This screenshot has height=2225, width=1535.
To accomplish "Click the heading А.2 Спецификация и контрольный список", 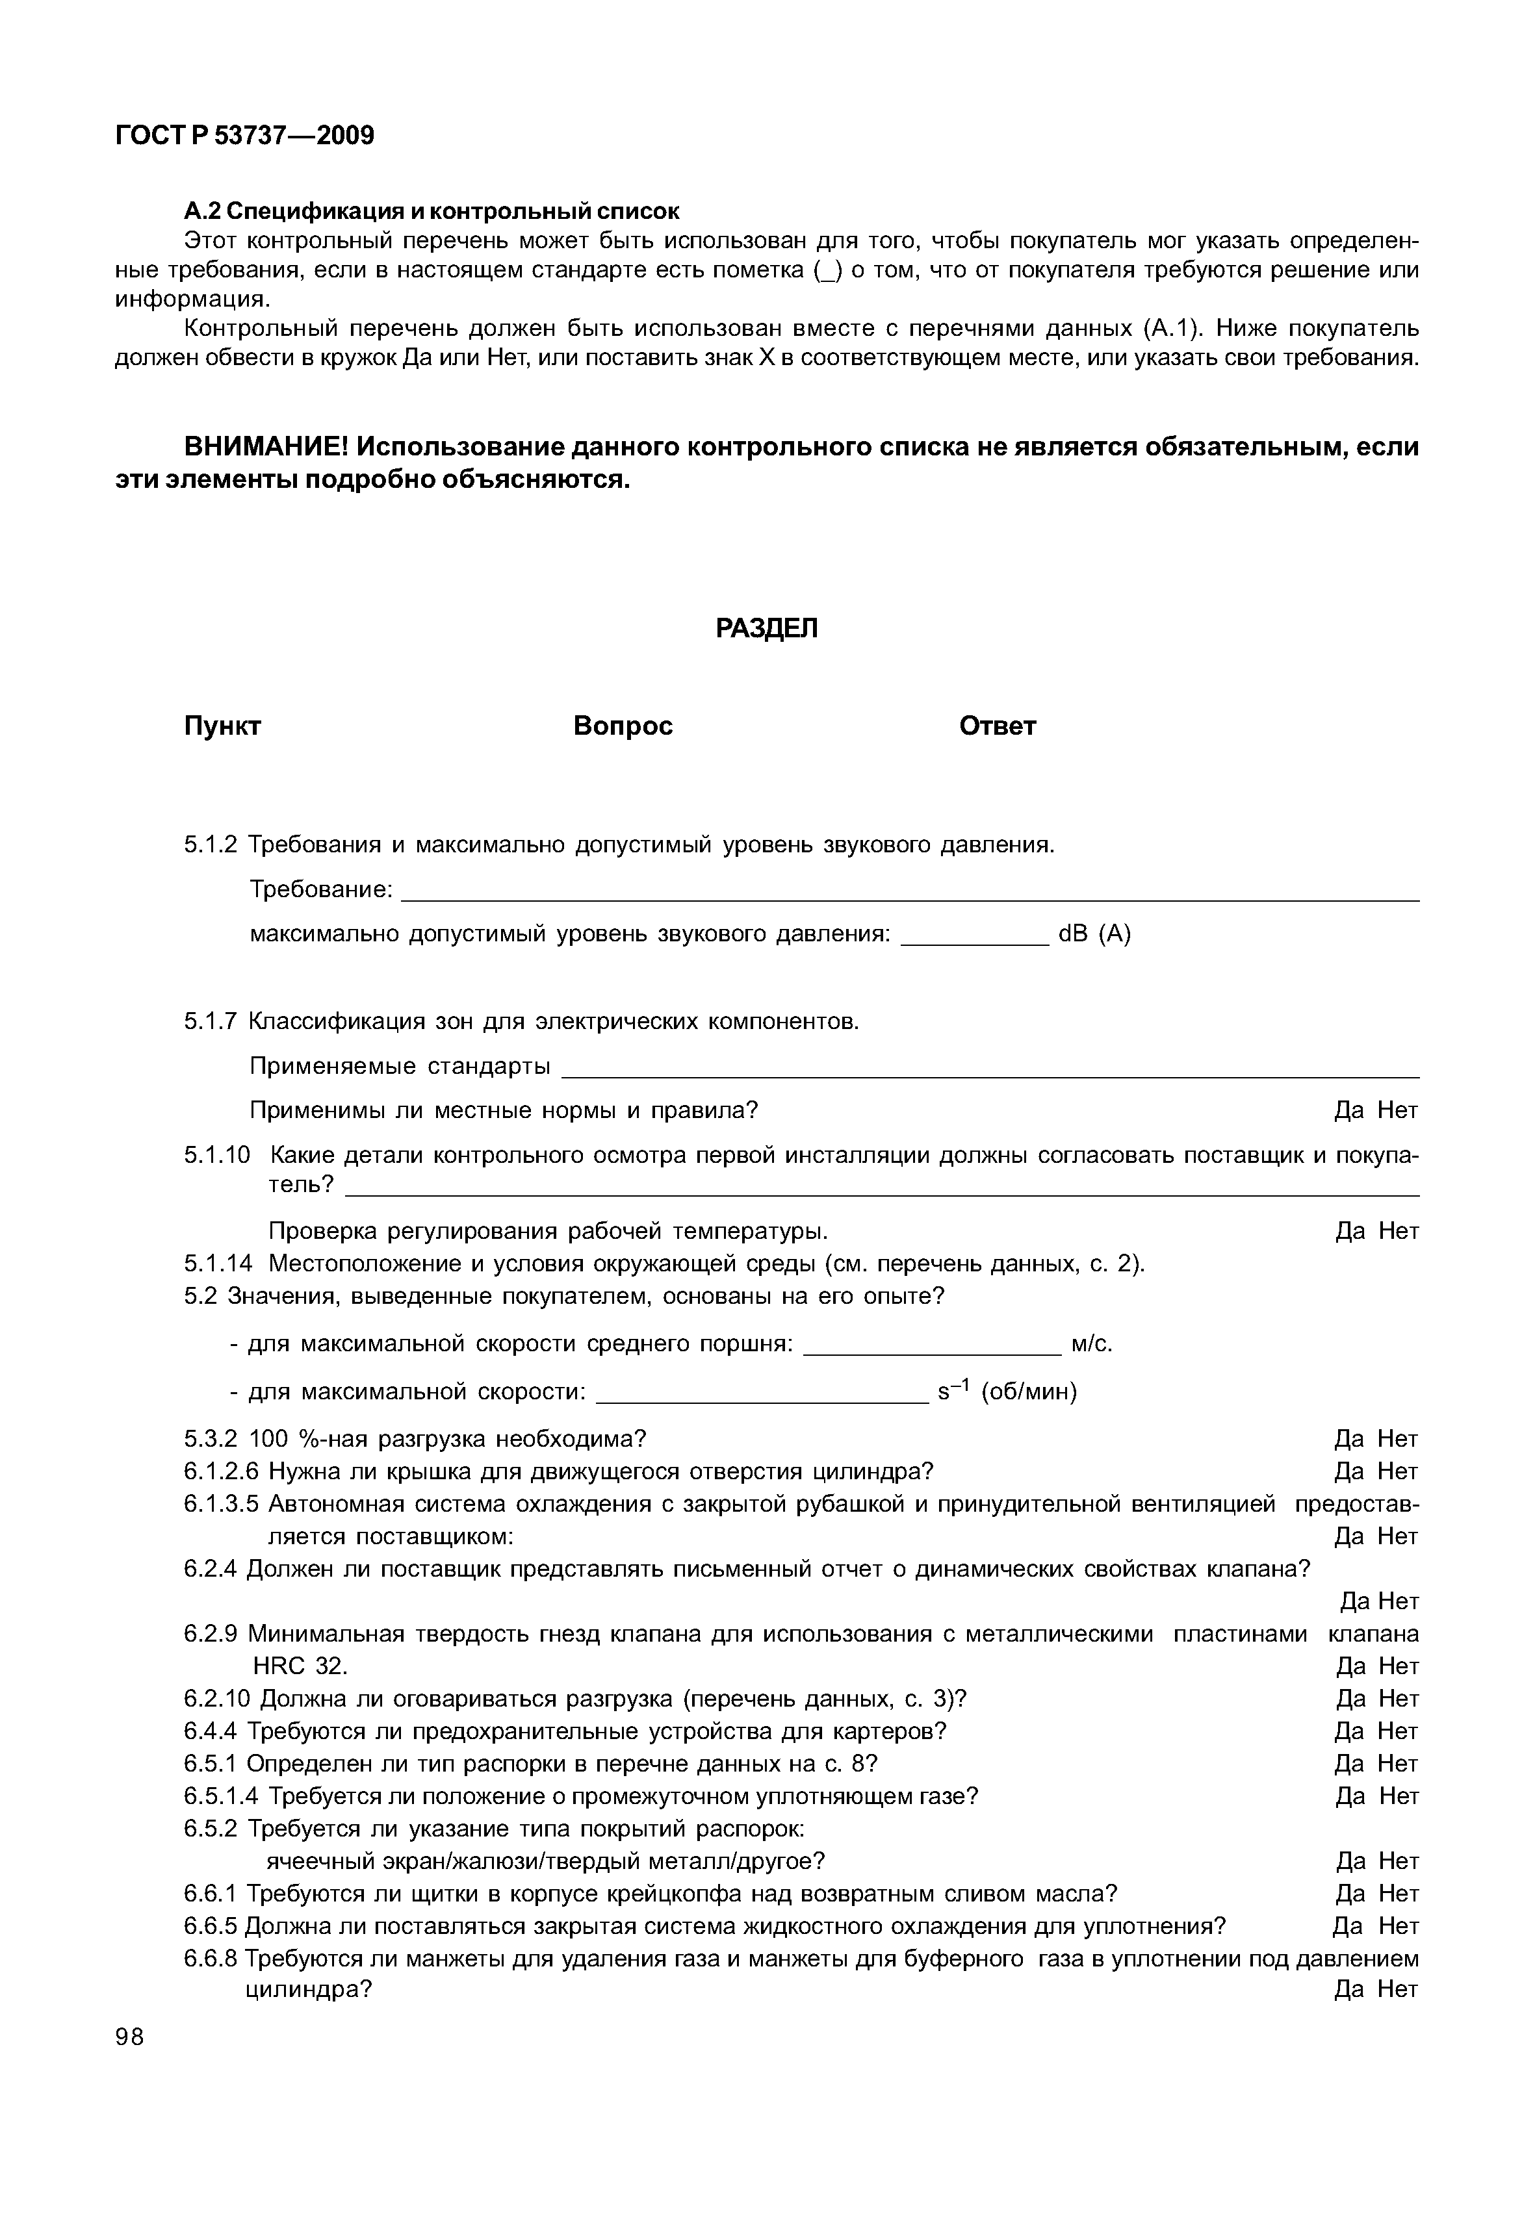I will [431, 210].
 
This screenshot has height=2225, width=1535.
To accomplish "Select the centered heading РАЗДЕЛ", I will [767, 629].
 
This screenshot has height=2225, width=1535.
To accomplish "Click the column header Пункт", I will [222, 726].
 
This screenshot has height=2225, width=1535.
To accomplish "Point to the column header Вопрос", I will [623, 726].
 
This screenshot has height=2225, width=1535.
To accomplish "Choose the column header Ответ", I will [998, 726].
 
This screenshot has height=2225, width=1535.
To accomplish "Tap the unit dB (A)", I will [1094, 934].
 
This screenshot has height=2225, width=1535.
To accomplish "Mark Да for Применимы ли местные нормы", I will [1348, 1111].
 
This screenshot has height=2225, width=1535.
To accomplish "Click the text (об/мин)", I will [1029, 1392].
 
